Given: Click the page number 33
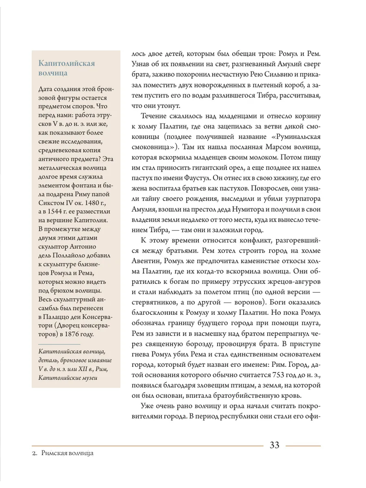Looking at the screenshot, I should [274, 445].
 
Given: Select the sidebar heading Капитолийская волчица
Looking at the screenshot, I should [66, 68].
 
